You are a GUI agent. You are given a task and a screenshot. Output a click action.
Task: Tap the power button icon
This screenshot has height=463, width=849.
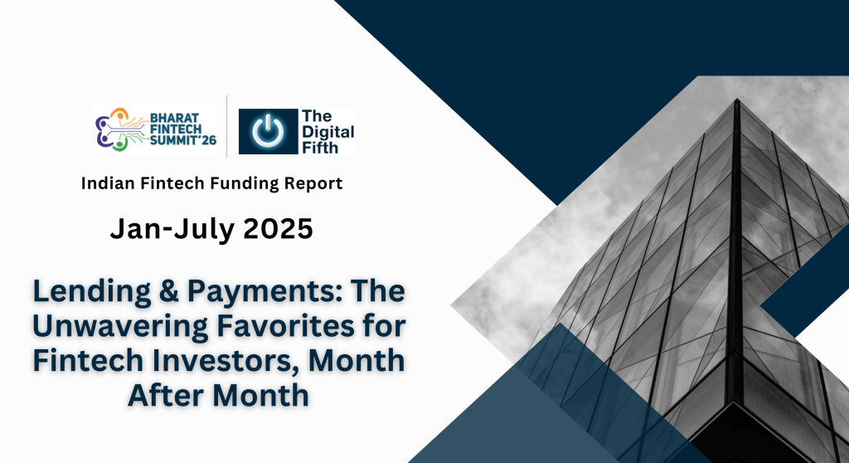pos(268,132)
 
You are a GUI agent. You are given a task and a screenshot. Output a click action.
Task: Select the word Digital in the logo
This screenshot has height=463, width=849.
pos(327,131)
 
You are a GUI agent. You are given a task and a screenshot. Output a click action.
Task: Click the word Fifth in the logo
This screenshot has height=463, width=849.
pos(320,146)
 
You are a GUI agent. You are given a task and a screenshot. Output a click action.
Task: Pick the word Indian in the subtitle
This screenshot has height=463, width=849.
pos(106,183)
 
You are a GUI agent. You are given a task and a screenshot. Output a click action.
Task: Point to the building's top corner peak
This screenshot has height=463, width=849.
pos(736,101)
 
